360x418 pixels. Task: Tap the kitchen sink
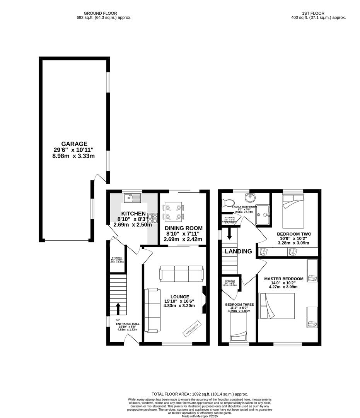132,199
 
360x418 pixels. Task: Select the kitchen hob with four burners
152,218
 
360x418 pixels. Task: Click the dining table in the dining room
173,212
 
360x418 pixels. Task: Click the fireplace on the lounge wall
204,300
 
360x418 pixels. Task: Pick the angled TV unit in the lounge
192,327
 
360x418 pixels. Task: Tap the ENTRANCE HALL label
128,324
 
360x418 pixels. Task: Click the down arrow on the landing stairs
229,233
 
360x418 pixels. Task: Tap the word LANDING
239,252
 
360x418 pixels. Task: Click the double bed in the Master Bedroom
277,306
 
